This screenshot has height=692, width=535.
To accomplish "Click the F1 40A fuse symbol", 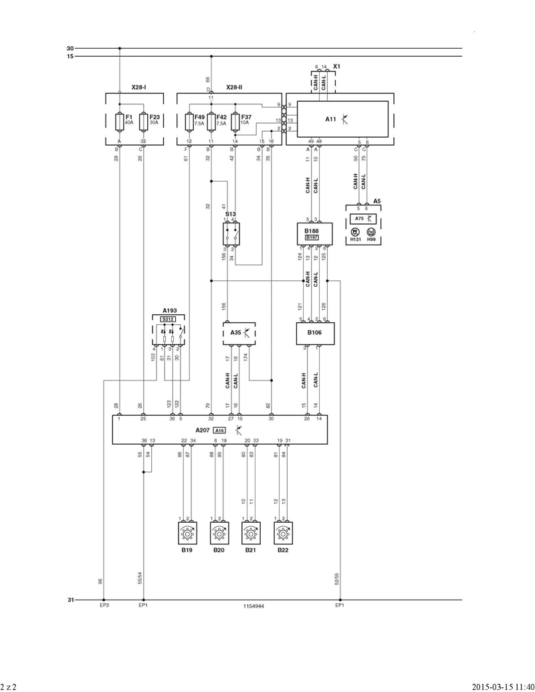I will (x=119, y=122).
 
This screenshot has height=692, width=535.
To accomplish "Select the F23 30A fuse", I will (x=143, y=122).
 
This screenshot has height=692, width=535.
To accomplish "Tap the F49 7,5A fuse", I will (x=189, y=122).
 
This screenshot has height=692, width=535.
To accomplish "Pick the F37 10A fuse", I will (x=235, y=122).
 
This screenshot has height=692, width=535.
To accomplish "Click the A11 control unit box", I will (x=342, y=120).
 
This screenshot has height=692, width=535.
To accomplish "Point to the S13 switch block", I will (x=231, y=232).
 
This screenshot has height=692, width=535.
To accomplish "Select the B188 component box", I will (x=314, y=233).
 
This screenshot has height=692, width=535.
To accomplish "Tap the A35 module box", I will (x=239, y=332).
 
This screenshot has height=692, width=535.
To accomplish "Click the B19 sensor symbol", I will (x=187, y=534).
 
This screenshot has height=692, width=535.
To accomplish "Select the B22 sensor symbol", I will (x=283, y=534).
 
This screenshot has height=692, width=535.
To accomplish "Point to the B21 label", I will (x=251, y=550).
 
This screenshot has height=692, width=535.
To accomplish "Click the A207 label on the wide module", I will (x=203, y=431).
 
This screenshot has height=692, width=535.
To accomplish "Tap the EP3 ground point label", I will (x=104, y=606).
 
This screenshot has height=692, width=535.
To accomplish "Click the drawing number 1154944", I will (x=253, y=606).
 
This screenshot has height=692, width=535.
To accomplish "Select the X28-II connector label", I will (x=234, y=88).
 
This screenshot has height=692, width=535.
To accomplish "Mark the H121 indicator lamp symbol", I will (x=355, y=231).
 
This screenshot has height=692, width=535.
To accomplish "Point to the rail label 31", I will (x=70, y=600).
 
